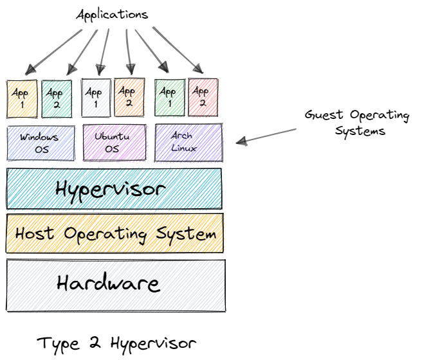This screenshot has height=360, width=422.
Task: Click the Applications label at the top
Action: (112, 14)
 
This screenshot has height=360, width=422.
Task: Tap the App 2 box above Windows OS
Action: (57, 99)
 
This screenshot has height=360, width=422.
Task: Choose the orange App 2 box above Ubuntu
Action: (129, 98)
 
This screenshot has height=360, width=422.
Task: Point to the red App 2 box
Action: (203, 98)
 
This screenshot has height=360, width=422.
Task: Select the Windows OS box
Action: (39, 143)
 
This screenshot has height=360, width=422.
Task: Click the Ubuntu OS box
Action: (113, 143)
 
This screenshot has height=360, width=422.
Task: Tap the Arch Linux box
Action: (188, 143)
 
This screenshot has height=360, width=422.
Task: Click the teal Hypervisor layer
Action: (114, 188)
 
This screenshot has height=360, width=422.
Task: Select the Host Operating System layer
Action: (115, 233)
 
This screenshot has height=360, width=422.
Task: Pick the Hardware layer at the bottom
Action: (116, 283)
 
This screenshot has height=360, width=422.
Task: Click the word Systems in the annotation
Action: (365, 131)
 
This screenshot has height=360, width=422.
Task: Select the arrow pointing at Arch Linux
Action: (267, 135)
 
